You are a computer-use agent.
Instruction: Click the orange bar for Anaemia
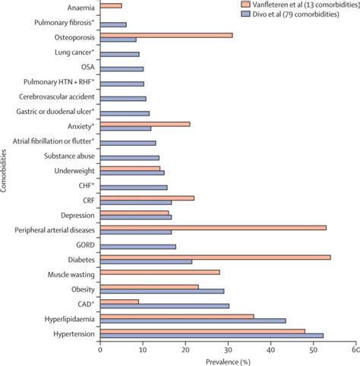click(110, 6)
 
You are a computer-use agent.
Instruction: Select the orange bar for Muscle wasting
click(159, 272)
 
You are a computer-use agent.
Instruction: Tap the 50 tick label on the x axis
click(313, 350)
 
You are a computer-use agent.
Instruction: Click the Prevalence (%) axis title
click(228, 361)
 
